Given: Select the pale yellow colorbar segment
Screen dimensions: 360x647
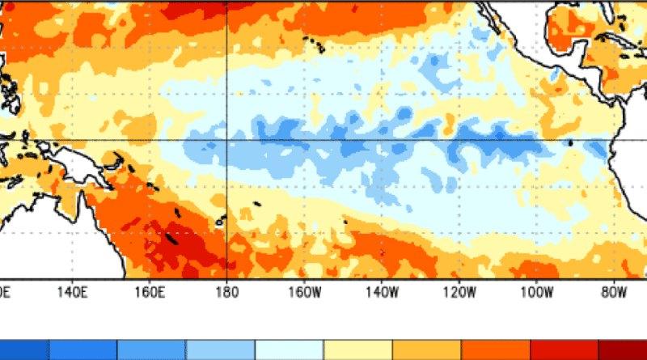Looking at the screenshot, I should (357, 350).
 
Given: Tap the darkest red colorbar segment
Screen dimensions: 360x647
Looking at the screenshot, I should (623, 350).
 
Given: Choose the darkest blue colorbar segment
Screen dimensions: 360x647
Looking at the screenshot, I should (24, 350).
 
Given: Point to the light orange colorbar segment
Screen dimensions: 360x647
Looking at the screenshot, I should (425, 350).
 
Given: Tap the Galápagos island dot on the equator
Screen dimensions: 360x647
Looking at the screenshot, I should (570, 142).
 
